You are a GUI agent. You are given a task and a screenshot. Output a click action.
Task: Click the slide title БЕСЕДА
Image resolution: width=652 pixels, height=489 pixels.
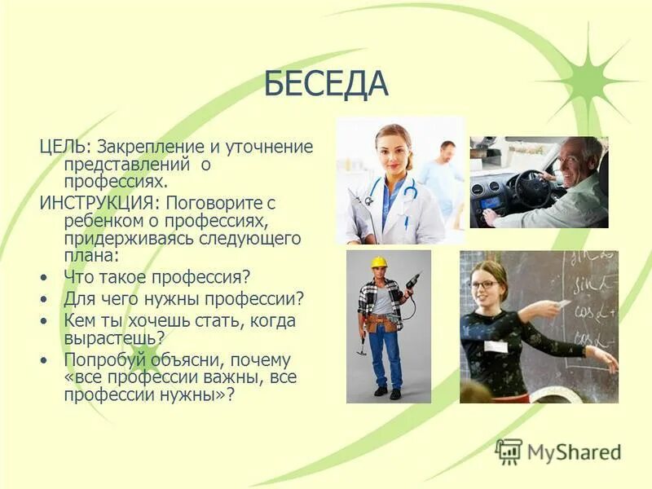[326, 84]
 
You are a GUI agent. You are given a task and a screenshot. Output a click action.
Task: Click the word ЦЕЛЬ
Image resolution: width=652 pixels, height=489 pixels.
[63, 148]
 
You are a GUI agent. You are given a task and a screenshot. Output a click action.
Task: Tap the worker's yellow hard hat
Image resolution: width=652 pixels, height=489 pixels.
[378, 262]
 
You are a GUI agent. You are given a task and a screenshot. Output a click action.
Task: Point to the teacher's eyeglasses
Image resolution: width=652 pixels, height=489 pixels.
[484, 284]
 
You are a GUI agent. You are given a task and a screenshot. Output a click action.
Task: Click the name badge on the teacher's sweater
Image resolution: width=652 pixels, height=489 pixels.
[496, 346]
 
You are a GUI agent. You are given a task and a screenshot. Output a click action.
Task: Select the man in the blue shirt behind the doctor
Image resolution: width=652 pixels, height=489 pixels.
[445, 174]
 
